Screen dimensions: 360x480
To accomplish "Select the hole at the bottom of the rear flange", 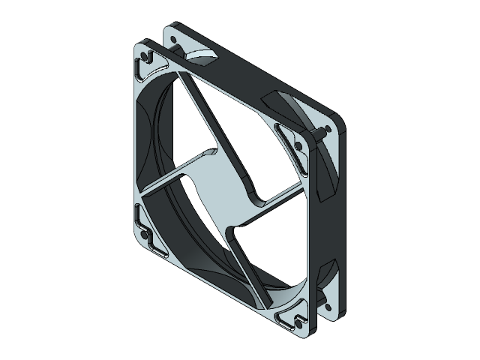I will point(327,306).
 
